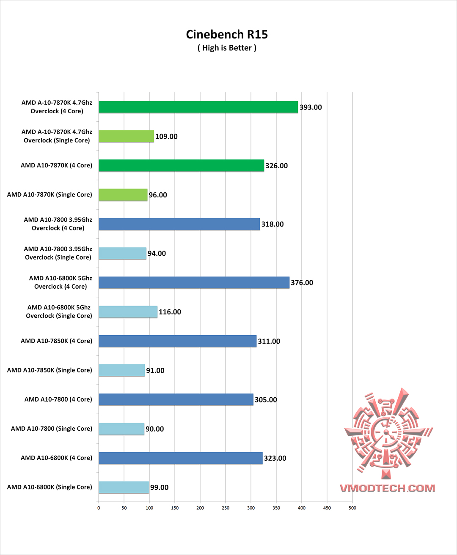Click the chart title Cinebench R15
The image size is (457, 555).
pyautogui.click(x=227, y=34)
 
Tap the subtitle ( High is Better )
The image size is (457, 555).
pyautogui.click(x=227, y=48)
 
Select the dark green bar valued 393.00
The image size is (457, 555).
pyautogui.click(x=198, y=107)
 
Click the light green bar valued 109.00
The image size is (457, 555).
pyautogui.click(x=126, y=136)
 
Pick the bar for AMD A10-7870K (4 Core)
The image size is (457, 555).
pyautogui.click(x=181, y=165)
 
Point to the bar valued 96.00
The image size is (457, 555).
pyautogui.click(x=123, y=194)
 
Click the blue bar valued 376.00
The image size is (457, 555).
pyautogui.click(x=194, y=282)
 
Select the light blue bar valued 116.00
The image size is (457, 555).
pyautogui.click(x=128, y=312)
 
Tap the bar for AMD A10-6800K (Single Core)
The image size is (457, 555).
pyautogui.click(x=124, y=487)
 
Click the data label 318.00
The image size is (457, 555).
pyautogui.click(x=273, y=224)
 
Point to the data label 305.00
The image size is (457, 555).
pyautogui.click(x=266, y=399)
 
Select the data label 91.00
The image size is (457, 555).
pyautogui.click(x=155, y=370)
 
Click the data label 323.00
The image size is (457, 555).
pyautogui.click(x=275, y=458)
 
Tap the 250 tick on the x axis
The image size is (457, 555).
pyautogui.click(x=226, y=508)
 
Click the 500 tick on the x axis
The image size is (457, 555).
pyautogui.click(x=352, y=508)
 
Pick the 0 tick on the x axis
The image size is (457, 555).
pyautogui.click(x=99, y=508)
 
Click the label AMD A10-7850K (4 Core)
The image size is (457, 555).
pyautogui.click(x=56, y=341)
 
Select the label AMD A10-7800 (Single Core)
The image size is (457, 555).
pyautogui.click(x=51, y=428)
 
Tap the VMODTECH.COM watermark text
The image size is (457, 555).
pyautogui.click(x=387, y=488)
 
